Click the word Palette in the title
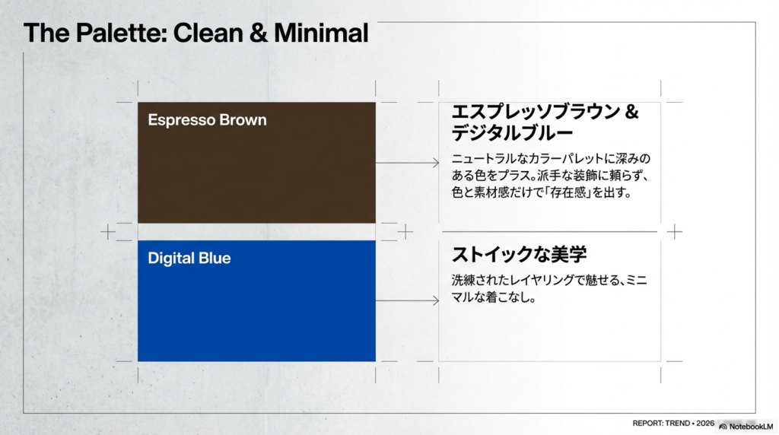tap(120, 33)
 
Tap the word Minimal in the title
tap(321, 33)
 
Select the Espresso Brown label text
tap(207, 120)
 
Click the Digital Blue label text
tap(189, 259)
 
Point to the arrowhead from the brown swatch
tap(436, 163)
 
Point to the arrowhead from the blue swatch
tap(436, 300)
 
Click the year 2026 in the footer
tap(705, 423)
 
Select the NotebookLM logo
tap(747, 426)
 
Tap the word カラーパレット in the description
tap(562, 160)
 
